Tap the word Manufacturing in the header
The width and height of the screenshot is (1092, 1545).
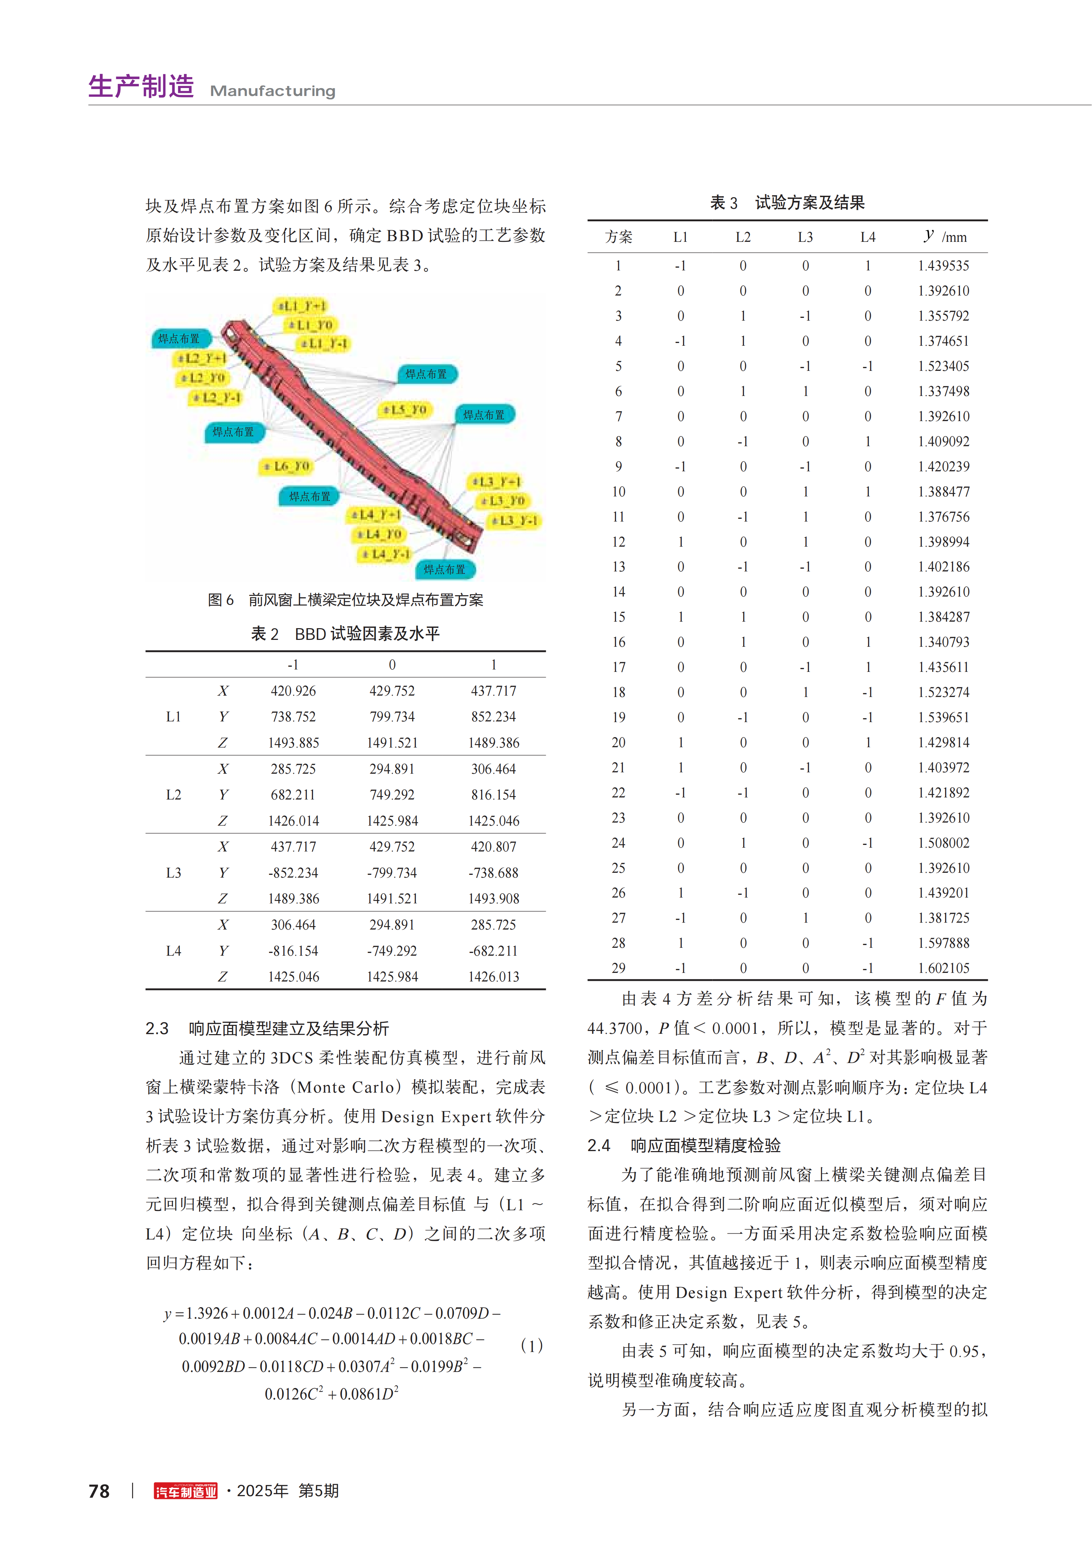[272, 91]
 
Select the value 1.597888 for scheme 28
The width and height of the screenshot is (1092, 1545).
[943, 943]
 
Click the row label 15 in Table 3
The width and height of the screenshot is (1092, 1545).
[618, 617]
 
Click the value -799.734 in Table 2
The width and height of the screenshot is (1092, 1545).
[392, 873]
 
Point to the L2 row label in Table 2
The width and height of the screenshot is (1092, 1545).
[174, 795]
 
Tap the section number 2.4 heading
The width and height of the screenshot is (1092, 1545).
[599, 1145]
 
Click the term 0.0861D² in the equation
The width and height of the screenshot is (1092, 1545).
[369, 1394]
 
